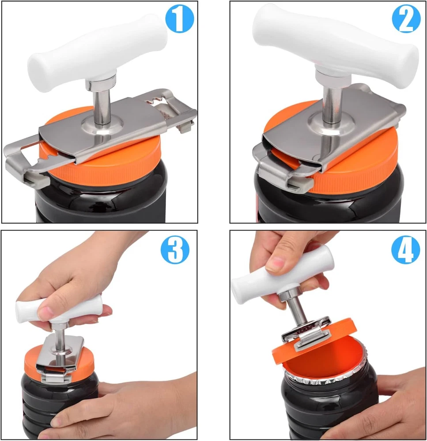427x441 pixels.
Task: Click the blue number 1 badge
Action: point(179,19)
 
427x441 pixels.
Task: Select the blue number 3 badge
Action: point(175,250)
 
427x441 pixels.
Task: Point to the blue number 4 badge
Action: point(406,250)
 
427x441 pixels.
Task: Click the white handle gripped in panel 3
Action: point(58,310)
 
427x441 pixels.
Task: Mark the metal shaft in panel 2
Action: point(333,104)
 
